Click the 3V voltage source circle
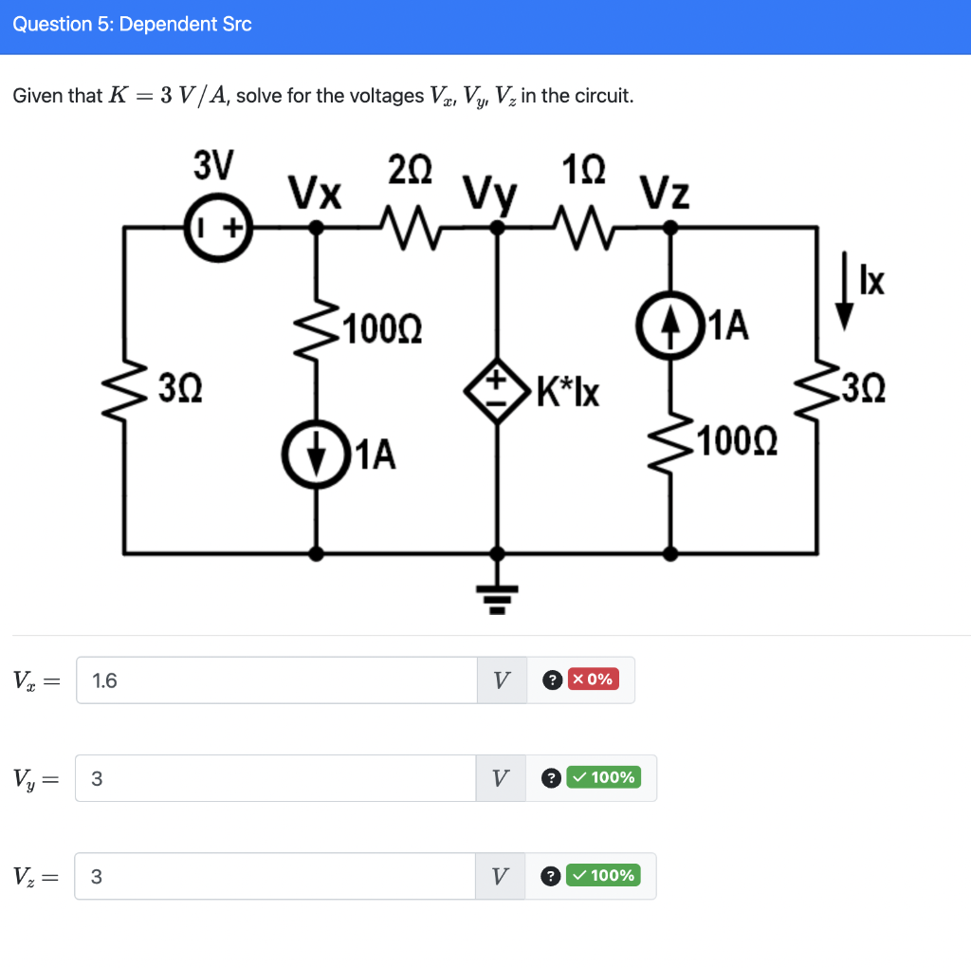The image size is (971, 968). (217, 228)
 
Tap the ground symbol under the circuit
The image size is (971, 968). (495, 593)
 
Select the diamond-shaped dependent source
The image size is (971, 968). (495, 389)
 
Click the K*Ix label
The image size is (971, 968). (568, 390)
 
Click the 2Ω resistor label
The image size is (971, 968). (410, 171)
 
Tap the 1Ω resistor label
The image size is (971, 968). (583, 171)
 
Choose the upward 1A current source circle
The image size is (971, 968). (671, 326)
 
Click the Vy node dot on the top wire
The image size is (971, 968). (495, 227)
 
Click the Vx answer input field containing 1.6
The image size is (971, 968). (276, 679)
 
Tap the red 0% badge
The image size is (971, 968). (594, 679)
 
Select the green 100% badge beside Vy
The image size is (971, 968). (603, 778)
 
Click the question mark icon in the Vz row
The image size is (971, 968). (550, 876)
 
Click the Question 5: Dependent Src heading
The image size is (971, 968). (133, 25)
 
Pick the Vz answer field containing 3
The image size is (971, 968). (275, 876)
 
